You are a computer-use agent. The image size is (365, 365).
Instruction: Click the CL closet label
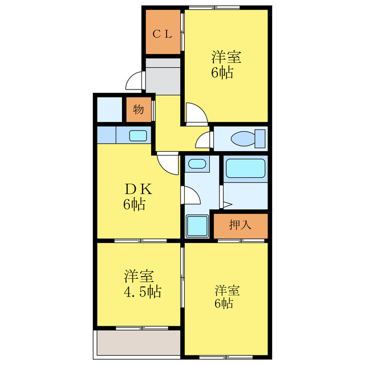tap(161, 34)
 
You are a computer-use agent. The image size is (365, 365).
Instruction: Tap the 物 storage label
tap(138, 109)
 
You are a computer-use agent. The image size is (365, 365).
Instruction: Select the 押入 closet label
tap(240, 225)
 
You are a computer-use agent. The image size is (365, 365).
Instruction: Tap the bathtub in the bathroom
tap(245, 169)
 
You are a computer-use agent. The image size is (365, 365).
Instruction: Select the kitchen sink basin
tap(137, 136)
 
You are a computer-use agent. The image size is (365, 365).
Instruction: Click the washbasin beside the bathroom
tap(197, 164)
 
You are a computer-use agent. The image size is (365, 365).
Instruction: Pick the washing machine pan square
tap(197, 226)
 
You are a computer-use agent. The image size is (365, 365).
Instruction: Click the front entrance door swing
tap(135, 82)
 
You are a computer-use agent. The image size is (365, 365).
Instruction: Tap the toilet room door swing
tap(204, 140)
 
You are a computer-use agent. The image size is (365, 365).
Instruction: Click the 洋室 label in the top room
tap(226, 58)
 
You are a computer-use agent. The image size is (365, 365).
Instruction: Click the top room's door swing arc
tap(193, 112)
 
